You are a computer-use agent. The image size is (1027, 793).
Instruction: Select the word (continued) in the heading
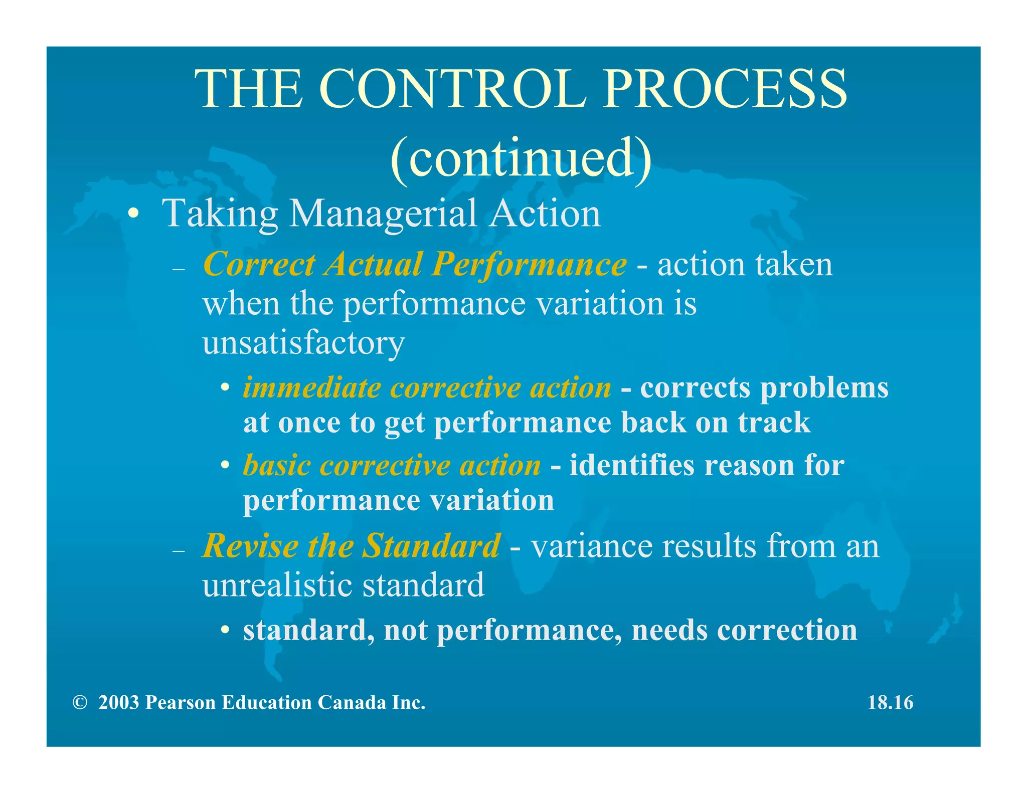point(521,158)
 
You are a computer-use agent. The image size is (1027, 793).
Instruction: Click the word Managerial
point(383,214)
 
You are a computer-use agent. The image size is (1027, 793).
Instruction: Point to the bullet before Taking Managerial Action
point(133,214)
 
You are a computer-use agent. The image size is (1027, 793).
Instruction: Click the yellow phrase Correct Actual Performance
point(415,264)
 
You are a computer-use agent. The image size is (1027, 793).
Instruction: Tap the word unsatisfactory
point(303,343)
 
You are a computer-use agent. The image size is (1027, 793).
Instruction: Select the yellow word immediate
point(312,388)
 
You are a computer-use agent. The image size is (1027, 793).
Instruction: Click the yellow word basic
point(277,466)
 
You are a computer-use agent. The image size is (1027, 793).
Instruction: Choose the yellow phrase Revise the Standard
point(351,546)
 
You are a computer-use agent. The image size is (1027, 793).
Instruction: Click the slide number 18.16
point(890,703)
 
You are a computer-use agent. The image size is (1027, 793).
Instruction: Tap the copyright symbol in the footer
point(79,703)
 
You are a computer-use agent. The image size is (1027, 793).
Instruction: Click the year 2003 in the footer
point(118,703)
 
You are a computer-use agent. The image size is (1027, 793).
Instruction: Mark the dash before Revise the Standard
point(179,551)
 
